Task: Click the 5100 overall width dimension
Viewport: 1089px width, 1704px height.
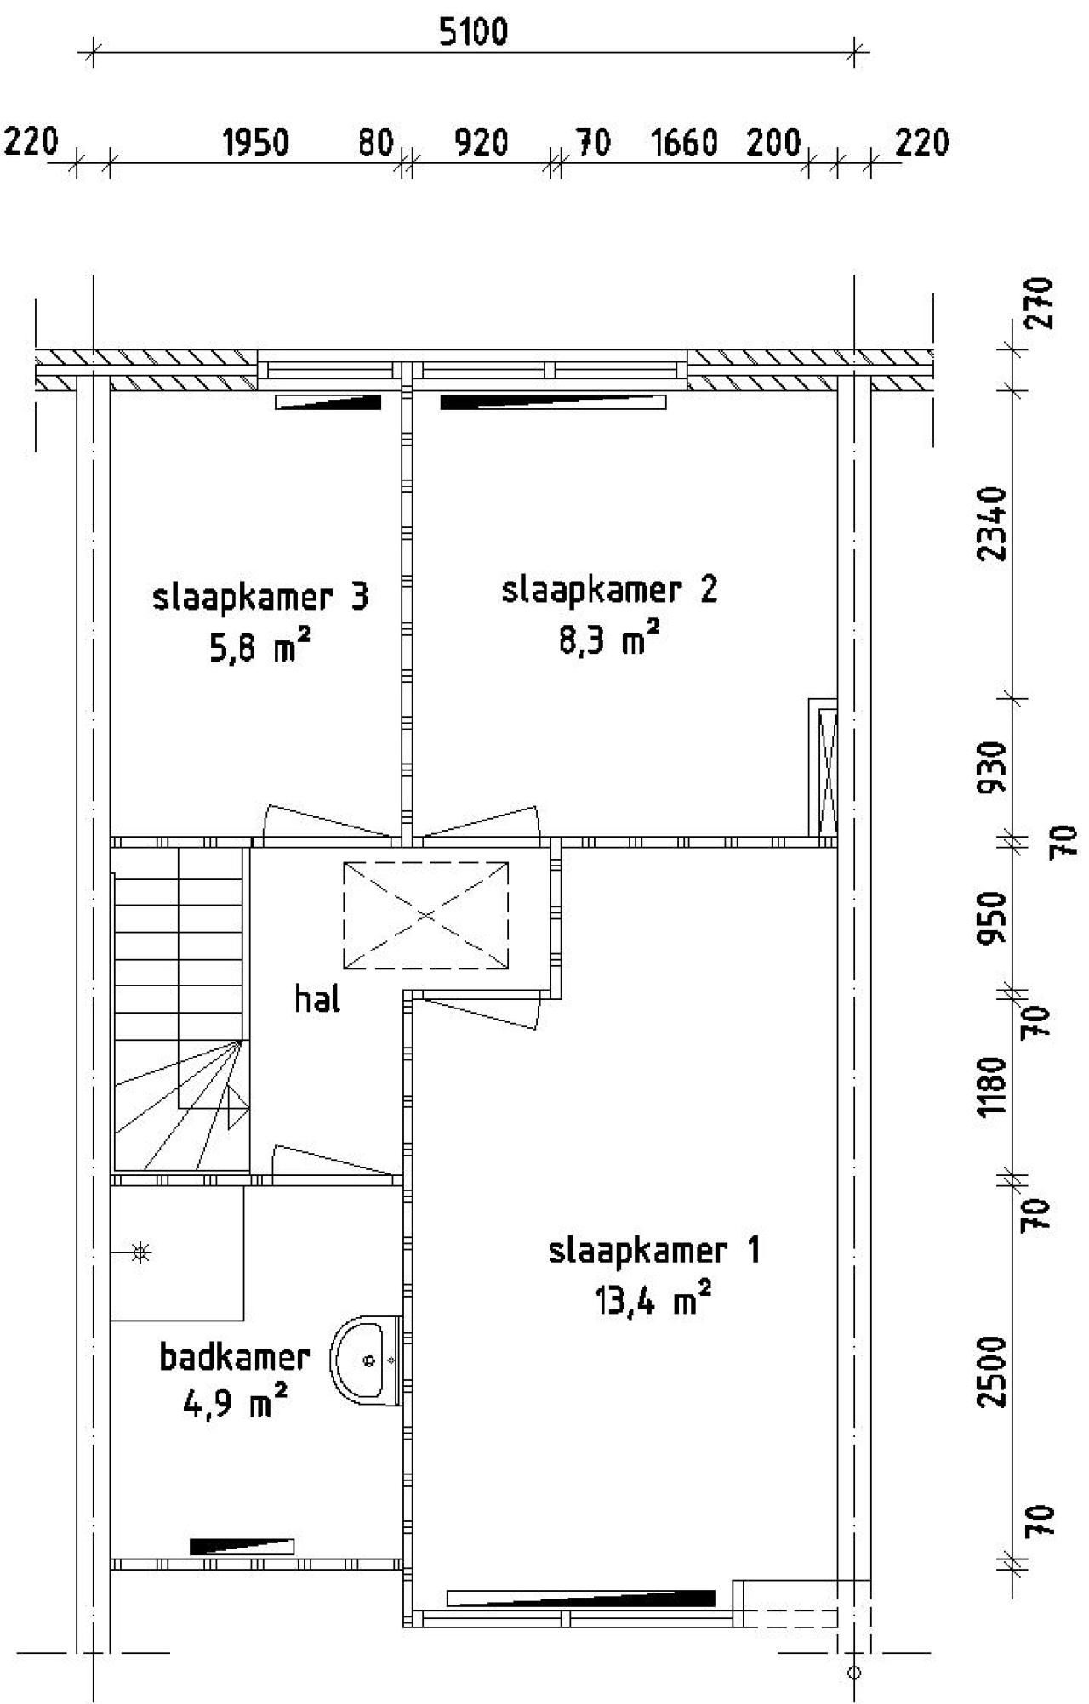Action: point(473,32)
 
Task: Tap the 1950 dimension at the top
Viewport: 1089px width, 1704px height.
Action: point(255,143)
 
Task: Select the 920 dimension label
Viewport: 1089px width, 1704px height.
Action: point(481,143)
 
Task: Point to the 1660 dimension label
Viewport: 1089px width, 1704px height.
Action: point(684,143)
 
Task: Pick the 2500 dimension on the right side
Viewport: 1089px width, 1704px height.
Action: point(992,1371)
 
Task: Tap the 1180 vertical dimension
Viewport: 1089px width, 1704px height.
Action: point(992,1087)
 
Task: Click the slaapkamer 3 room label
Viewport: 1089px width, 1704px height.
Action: point(259,597)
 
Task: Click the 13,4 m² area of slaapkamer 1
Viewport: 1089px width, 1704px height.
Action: point(652,1301)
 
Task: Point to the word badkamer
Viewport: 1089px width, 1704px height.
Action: point(234,1358)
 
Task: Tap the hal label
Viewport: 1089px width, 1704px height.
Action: point(317,999)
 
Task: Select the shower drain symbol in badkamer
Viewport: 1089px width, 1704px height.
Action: point(141,1252)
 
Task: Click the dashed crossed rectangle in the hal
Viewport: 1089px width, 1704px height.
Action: point(425,915)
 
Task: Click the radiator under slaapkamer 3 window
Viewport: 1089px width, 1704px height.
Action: point(328,402)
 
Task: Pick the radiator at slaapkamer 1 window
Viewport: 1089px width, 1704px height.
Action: point(581,1598)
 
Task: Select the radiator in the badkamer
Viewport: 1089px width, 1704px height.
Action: point(242,1546)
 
